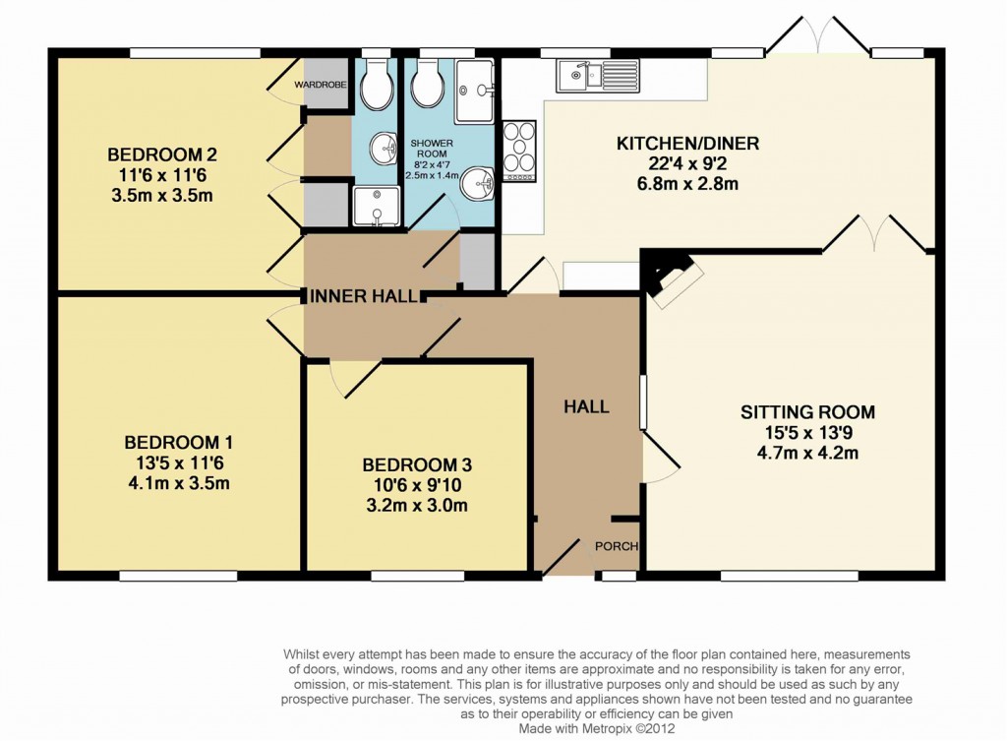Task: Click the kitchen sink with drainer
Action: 597,74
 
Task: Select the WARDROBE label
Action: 321,86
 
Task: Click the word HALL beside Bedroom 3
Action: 586,406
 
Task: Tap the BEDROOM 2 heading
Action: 162,154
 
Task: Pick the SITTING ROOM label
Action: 807,412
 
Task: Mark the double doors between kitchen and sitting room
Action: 874,232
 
